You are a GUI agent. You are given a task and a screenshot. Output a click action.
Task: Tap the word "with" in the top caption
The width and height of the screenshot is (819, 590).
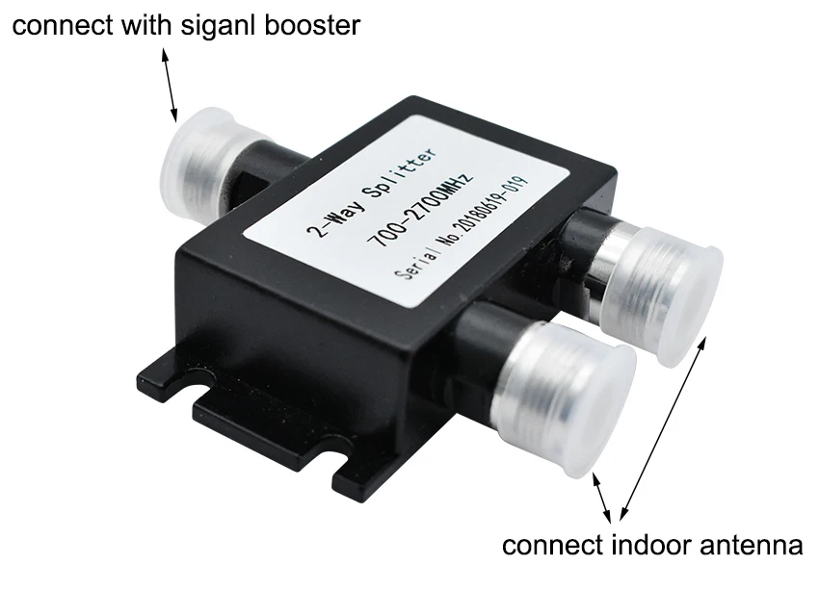pyautogui.click(x=145, y=25)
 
